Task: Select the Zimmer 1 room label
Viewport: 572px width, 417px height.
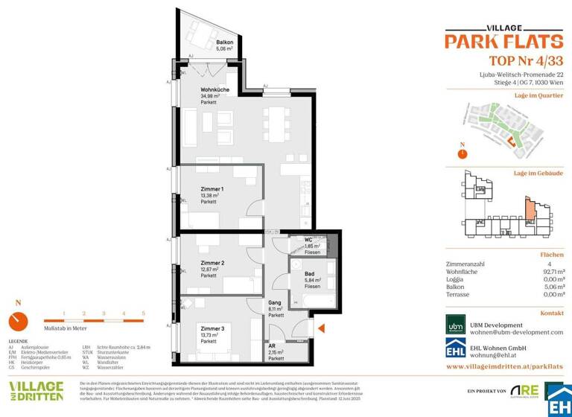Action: (x=212, y=190)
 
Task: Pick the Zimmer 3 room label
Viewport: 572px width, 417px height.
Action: (x=212, y=328)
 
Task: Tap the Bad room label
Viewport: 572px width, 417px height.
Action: (x=308, y=274)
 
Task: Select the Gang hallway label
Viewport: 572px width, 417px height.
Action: (x=276, y=303)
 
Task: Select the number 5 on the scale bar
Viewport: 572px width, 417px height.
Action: (x=143, y=314)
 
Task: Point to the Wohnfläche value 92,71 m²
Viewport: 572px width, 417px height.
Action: (x=549, y=273)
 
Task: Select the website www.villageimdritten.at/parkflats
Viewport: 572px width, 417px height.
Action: (x=504, y=367)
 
